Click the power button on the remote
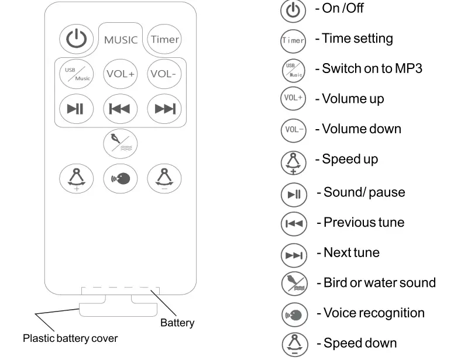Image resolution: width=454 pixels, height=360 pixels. pos(76,39)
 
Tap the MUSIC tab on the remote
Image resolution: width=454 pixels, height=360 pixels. pos(121,40)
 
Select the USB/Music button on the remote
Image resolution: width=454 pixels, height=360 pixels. pos(77,74)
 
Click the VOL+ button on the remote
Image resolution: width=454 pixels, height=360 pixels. pos(121,74)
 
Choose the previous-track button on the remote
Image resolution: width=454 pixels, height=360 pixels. pos(121,109)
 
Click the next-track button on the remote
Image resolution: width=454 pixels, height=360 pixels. pos(164,109)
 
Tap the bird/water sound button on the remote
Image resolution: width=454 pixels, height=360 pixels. pos(121,143)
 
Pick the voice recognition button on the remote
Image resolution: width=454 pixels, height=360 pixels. pos(121,178)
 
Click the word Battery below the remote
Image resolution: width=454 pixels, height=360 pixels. pos(177,323)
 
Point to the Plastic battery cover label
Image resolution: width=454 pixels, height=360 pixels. pos(70,338)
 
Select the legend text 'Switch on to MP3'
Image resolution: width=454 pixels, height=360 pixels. pos(372,68)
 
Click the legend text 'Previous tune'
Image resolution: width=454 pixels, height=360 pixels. pos(363,223)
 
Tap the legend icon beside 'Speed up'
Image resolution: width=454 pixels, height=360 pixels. pos(294,161)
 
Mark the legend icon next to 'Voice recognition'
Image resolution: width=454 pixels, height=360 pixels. pos(294,314)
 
